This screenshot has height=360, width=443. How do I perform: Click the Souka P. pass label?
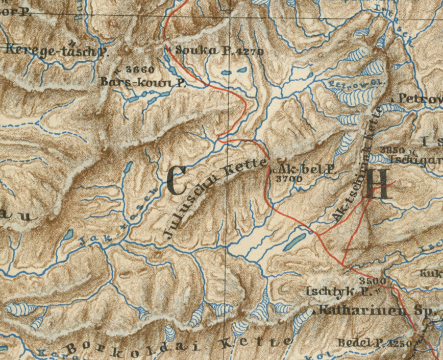click(x=196, y=51)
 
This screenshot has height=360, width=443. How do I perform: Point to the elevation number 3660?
click(x=139, y=69)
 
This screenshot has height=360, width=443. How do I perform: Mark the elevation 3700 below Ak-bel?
click(x=288, y=179)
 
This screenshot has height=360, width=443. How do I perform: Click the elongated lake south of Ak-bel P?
click(x=296, y=240)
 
